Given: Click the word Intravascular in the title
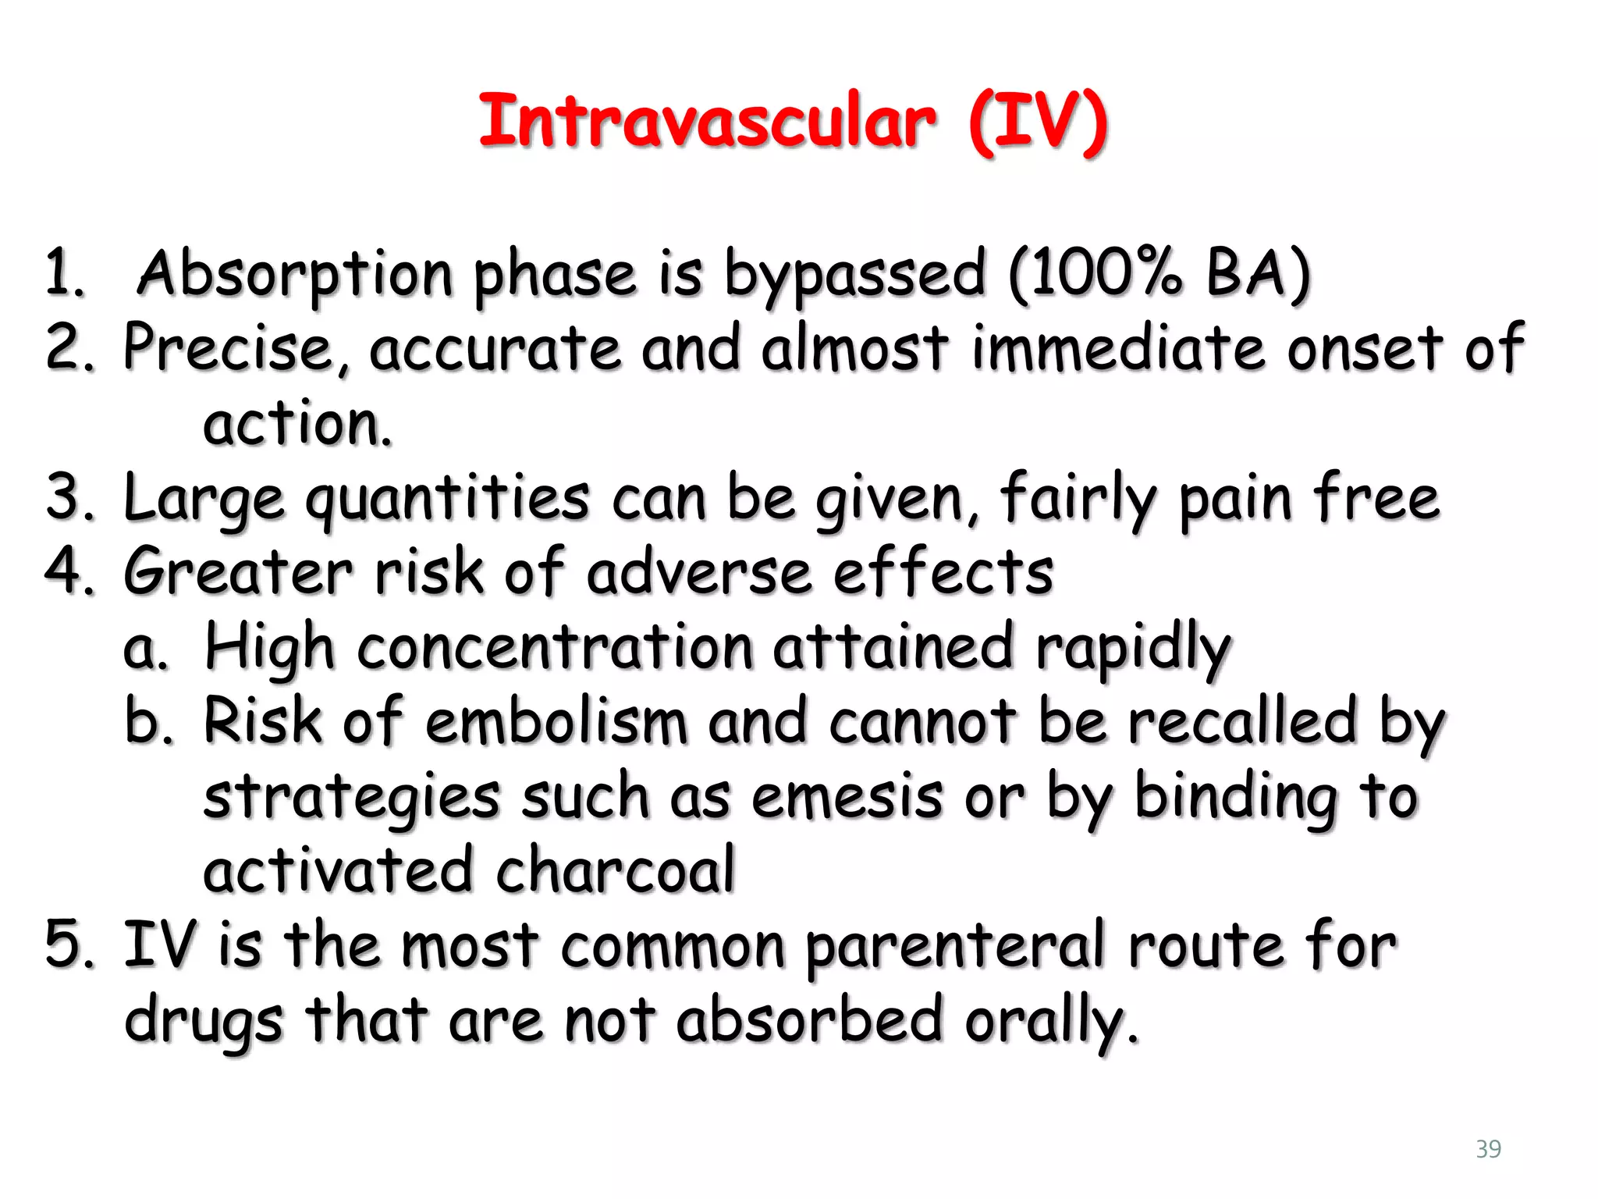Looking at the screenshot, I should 706,123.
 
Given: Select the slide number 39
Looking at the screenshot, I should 1488,1149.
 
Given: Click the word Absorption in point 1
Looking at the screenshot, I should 295,275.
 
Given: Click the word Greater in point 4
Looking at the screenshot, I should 238,572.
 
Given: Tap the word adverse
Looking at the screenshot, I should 699,572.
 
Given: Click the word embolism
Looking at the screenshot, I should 556,722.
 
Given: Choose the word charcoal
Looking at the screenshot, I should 616,870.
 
